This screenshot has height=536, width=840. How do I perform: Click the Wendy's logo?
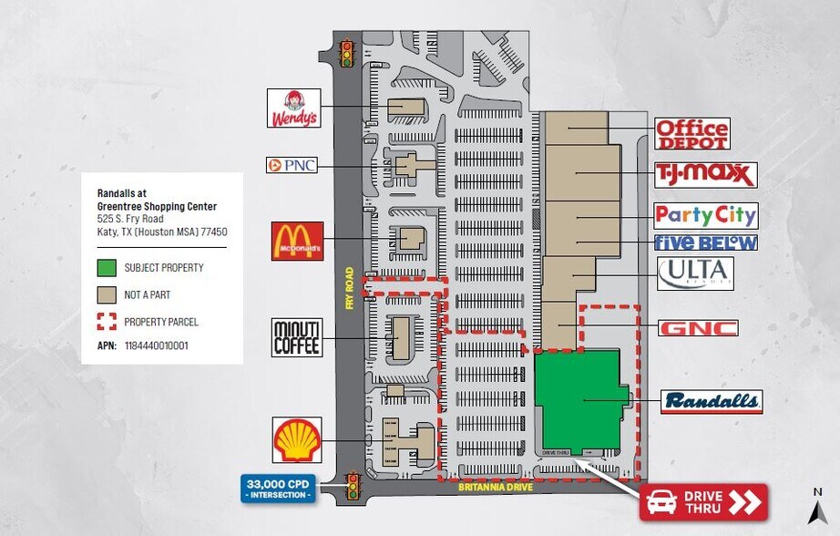click(x=293, y=108)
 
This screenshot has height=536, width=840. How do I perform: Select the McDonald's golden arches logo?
click(x=298, y=241)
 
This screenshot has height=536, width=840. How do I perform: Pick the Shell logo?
click(x=298, y=439)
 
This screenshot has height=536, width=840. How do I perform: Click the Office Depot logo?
click(x=692, y=134)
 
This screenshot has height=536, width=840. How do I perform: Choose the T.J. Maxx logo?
click(x=705, y=174)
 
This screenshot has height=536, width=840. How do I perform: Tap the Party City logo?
click(x=705, y=215)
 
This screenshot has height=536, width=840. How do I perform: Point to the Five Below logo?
click(x=705, y=242)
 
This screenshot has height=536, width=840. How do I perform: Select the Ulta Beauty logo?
click(x=695, y=272)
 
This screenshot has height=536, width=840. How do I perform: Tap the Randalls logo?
click(x=712, y=402)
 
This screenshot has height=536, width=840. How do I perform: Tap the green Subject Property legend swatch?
click(x=107, y=268)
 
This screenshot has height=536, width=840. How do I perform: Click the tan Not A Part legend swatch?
click(x=107, y=295)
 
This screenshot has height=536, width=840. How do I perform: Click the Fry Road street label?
click(x=349, y=288)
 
